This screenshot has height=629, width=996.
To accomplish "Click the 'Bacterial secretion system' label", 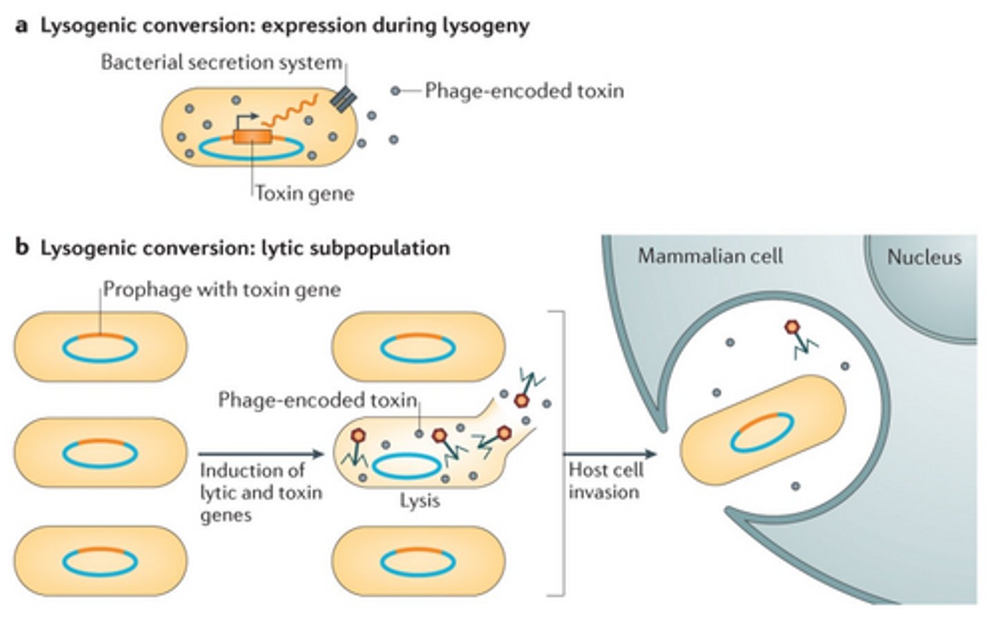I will (x=221, y=63).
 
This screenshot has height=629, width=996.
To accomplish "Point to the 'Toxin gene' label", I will (x=304, y=193).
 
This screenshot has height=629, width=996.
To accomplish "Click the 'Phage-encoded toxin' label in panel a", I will (x=524, y=91).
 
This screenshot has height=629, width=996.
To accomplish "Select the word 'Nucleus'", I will (x=924, y=257).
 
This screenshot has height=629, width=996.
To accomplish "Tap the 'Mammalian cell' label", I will (x=710, y=256).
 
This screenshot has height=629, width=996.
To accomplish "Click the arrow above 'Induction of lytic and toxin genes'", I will (x=261, y=454).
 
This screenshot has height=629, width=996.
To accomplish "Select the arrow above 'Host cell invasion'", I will (x=609, y=454).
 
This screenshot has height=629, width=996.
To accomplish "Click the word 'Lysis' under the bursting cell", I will (x=419, y=500).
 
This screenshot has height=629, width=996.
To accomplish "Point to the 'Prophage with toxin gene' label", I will (x=222, y=289).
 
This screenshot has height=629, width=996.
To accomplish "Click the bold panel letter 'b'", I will (x=22, y=247).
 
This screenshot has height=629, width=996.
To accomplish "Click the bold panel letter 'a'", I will (x=22, y=26).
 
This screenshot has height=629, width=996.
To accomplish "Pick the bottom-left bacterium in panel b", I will (x=100, y=561).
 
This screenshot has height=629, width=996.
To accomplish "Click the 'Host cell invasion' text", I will (x=605, y=481).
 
